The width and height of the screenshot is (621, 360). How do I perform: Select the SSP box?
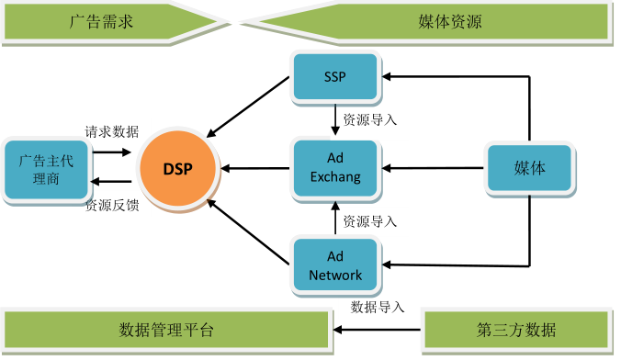pyautogui.click(x=334, y=77)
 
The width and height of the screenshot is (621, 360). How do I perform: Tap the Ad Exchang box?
pyautogui.click(x=334, y=168)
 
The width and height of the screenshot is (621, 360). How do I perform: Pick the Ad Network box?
pyautogui.click(x=334, y=264)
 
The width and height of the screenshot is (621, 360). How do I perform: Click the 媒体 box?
pyautogui.click(x=529, y=169)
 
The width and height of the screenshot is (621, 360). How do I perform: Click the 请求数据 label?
pyautogui.click(x=111, y=131)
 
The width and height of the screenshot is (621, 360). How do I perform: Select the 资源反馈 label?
pyautogui.click(x=111, y=205)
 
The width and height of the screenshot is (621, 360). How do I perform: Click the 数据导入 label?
pyautogui.click(x=378, y=307)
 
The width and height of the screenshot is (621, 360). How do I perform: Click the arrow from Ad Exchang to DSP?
pyautogui.click(x=255, y=168)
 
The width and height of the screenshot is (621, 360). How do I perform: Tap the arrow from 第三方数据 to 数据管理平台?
pyautogui.click(x=377, y=330)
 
